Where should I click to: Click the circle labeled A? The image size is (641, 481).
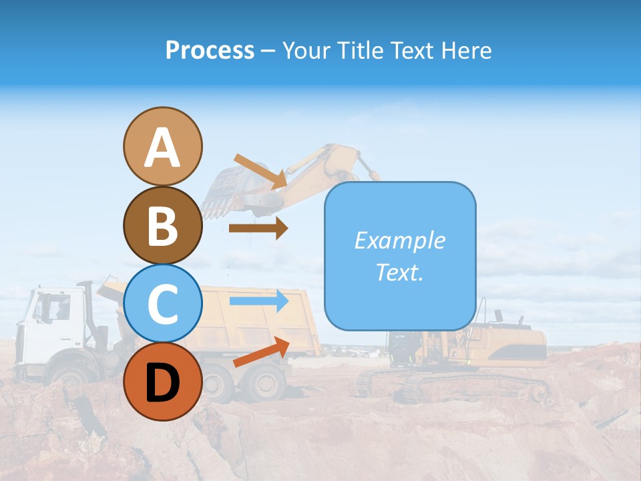(162, 146)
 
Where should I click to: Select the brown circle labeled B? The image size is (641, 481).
(162, 225)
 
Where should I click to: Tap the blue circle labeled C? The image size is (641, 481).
(162, 304)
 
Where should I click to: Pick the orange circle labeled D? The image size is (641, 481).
(162, 382)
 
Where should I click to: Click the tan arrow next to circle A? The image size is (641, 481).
(260, 170)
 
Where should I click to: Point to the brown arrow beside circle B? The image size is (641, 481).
(258, 228)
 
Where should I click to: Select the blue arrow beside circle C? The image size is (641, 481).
(258, 301)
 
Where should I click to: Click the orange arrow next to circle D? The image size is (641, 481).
(260, 353)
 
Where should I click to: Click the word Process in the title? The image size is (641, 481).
(210, 51)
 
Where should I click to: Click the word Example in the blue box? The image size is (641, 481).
(400, 240)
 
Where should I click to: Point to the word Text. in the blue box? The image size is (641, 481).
(400, 272)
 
